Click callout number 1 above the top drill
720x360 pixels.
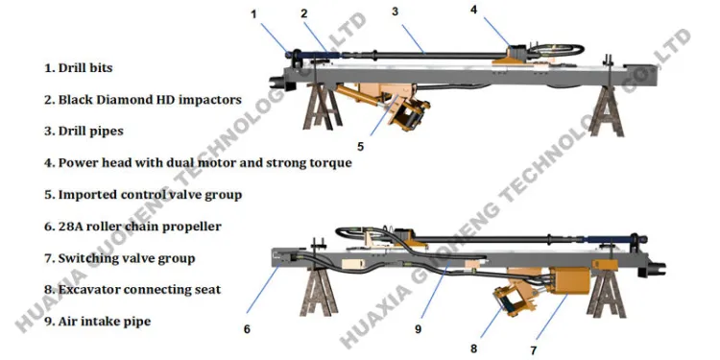coord(253,14)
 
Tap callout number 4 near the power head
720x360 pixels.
coord(474,10)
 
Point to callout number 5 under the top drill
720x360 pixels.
coord(360,147)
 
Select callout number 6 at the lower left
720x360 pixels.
coord(247,328)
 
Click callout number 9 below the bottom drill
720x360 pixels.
coord(418,329)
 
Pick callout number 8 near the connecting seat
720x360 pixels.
coord(474,348)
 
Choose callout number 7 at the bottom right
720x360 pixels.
coord(533,350)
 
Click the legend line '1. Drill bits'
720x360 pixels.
coord(79,68)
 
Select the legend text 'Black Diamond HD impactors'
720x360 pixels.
coord(150,100)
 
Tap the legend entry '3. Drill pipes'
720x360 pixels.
coord(84,131)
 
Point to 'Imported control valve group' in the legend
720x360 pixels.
coord(150,195)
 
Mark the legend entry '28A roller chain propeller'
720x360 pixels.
coord(139,227)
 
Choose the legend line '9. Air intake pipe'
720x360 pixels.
coord(97,322)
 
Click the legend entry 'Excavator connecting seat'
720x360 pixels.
coord(139,290)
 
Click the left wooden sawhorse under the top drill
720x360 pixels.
coord(323,107)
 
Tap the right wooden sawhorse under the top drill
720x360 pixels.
coord(606,111)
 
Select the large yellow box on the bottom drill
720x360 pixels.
coord(569,280)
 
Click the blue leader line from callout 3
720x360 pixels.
coord(413,38)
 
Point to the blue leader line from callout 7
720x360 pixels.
coord(551,318)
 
